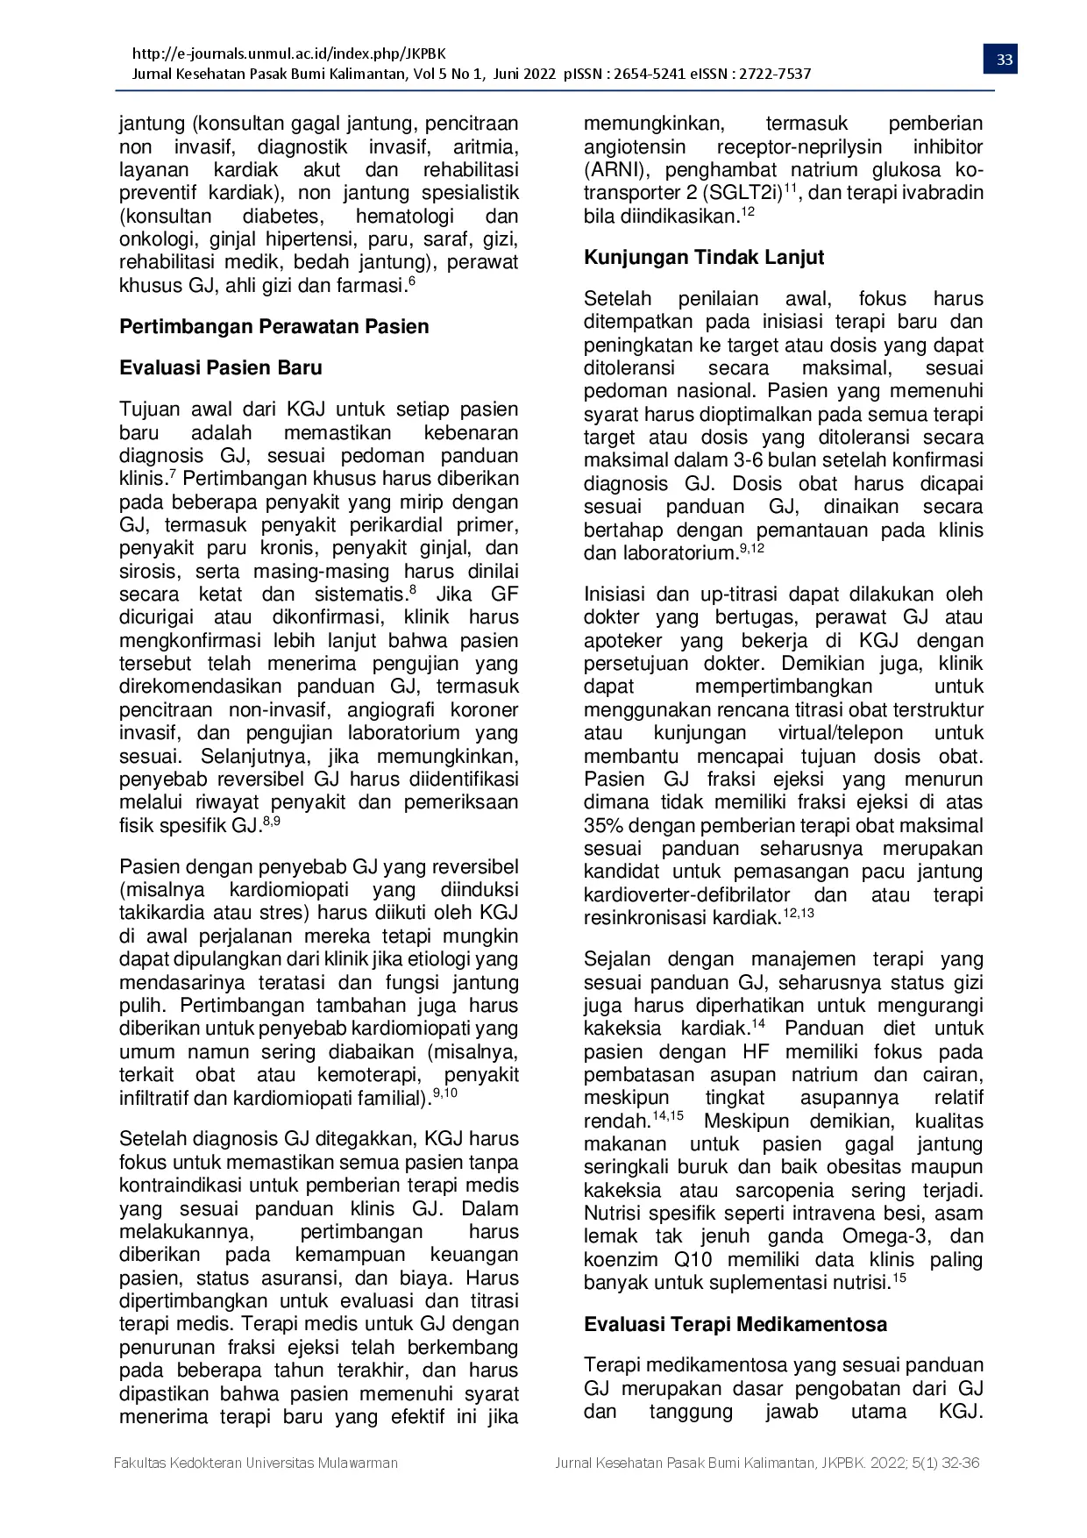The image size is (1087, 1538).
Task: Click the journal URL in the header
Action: [x=289, y=53]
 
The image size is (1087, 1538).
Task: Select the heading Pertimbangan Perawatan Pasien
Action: [x=274, y=327]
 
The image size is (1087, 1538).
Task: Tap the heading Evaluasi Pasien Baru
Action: [x=221, y=368]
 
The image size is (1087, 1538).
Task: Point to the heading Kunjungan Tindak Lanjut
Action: [x=704, y=258]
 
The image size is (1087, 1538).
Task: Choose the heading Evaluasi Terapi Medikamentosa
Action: [x=735, y=1325]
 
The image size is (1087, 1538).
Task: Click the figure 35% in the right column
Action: [x=602, y=826]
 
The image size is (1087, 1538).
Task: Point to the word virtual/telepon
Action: [x=840, y=733]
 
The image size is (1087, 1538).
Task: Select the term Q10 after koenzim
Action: [x=693, y=1260]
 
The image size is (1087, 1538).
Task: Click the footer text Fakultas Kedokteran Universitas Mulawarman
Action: [x=256, y=1463]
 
